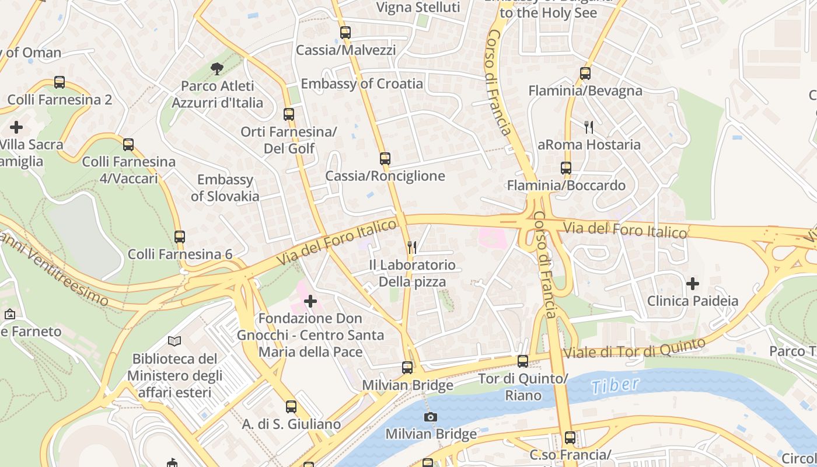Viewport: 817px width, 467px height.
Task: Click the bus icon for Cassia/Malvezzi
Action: (345, 33)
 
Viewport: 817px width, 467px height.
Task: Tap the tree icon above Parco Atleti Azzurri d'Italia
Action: (217, 69)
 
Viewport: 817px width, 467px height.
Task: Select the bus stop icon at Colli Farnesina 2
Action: (60, 82)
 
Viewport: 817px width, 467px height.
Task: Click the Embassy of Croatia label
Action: (362, 83)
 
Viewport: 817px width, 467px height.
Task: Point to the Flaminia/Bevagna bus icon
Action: (585, 74)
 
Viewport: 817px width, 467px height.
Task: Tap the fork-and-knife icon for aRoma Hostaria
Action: (589, 127)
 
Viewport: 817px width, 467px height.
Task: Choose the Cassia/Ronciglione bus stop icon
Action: (385, 158)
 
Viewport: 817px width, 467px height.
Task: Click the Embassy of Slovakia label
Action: (225, 187)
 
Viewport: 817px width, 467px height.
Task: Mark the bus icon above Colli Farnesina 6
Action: (180, 236)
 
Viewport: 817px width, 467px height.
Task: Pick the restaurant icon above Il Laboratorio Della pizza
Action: (412, 247)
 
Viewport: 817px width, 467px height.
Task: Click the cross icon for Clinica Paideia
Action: (693, 284)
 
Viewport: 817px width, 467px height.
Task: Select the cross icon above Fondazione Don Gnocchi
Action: (310, 301)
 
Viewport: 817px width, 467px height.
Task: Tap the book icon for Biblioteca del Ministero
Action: (174, 341)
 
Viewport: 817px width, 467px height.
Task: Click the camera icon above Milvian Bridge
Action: (431, 417)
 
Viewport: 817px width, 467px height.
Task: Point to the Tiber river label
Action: (615, 385)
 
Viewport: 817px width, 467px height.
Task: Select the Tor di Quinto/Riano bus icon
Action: (523, 361)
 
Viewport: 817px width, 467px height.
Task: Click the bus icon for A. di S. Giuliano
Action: (291, 406)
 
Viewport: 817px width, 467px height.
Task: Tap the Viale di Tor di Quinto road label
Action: (634, 348)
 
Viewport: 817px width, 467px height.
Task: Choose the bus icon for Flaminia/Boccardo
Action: (565, 168)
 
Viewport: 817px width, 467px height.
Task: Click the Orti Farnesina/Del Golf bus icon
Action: (289, 114)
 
